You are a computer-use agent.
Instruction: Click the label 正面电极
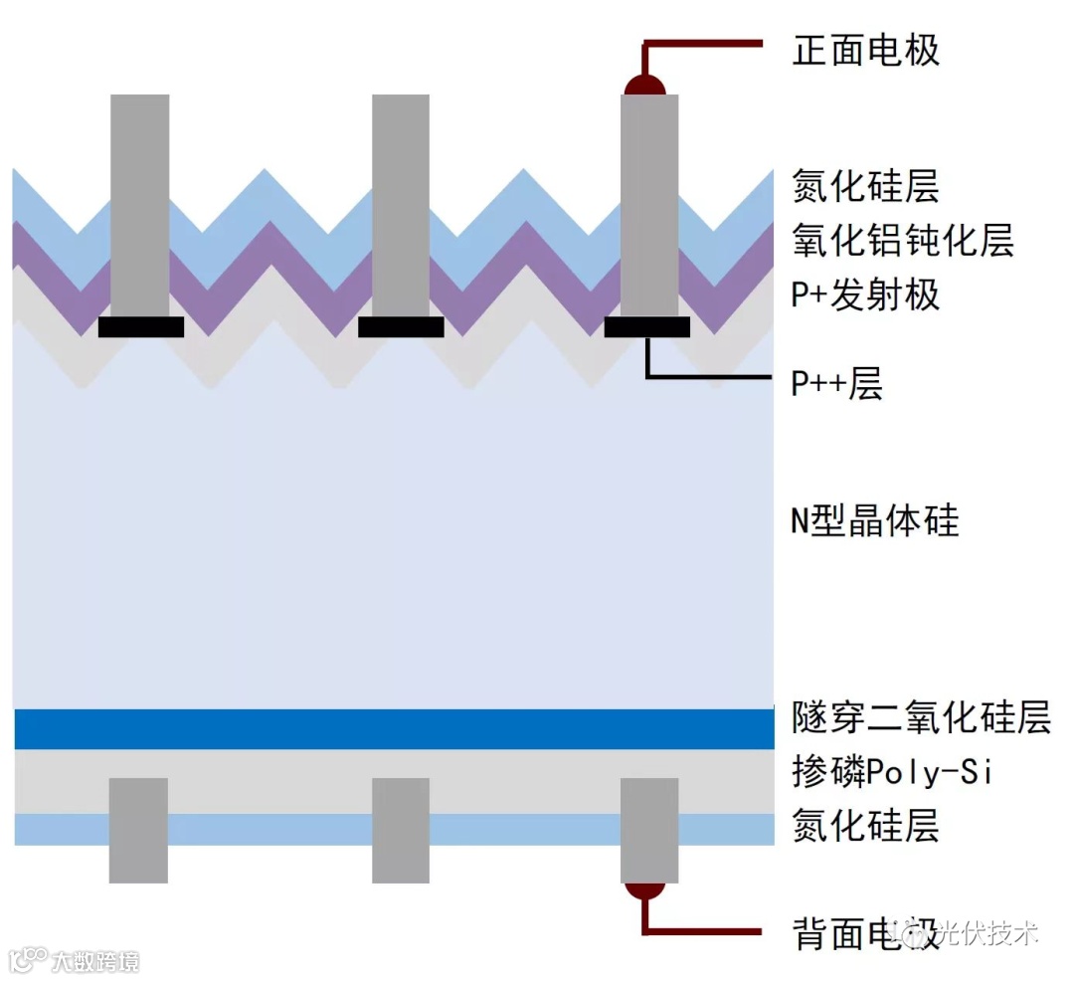point(865,51)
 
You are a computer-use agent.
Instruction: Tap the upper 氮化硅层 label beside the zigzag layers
point(865,187)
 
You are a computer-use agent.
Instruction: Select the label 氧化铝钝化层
point(903,241)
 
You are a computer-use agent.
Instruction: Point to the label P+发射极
point(865,295)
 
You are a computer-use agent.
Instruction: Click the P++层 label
point(836,384)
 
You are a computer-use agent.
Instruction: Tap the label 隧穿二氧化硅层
point(921,717)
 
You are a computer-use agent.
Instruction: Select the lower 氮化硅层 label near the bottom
point(865,826)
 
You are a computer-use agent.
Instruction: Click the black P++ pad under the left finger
point(141,327)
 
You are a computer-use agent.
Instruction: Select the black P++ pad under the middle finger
point(401,327)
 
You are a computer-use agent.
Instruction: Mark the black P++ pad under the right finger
point(647,327)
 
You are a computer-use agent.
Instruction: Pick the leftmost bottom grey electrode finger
point(138,830)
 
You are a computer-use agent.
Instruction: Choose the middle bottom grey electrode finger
point(401,830)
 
